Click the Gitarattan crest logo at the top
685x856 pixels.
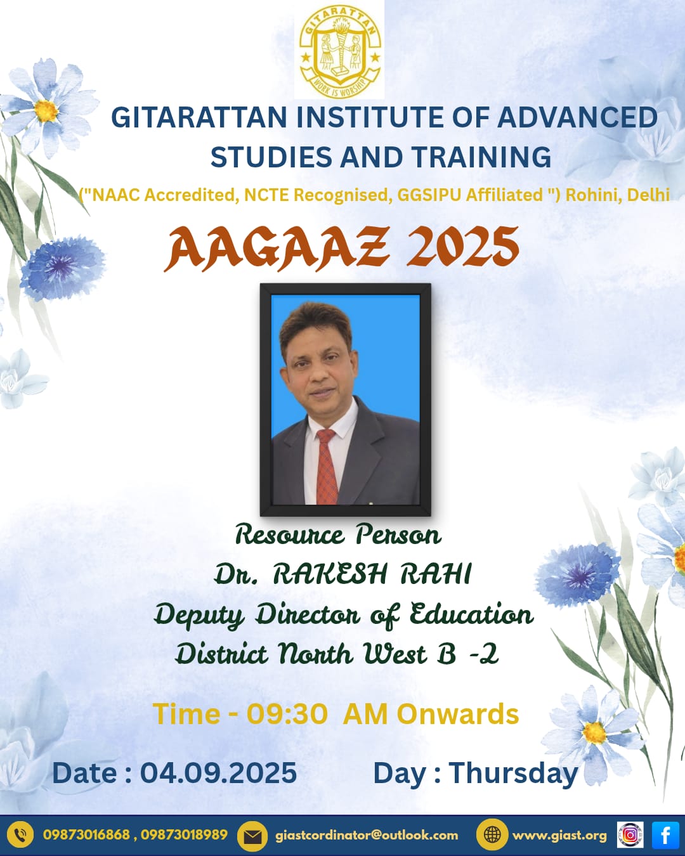tap(339, 51)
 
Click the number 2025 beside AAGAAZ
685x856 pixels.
tap(462, 246)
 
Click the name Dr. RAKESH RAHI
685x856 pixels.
tap(342, 574)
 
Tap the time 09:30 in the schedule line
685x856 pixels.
tap(287, 714)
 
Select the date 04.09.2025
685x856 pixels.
tap(219, 773)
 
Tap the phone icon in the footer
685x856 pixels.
tap(20, 835)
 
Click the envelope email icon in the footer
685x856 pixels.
tap(252, 836)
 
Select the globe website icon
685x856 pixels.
tap(492, 835)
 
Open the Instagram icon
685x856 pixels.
tap(630, 835)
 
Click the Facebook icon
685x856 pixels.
tap(665, 835)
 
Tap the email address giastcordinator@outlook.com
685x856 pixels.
tap(367, 835)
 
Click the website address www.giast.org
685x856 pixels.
tap(559, 836)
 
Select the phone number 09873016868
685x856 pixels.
tap(86, 834)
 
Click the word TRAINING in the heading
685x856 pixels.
tap(481, 157)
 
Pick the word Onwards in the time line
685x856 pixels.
tap(458, 714)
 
